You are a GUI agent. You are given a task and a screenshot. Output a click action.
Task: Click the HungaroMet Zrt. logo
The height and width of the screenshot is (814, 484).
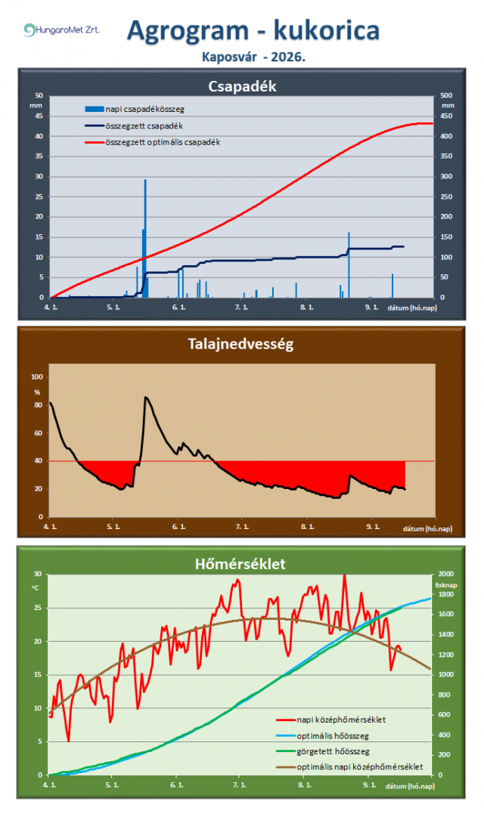tap(61, 29)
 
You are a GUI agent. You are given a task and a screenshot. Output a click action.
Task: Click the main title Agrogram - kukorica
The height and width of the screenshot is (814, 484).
tap(253, 30)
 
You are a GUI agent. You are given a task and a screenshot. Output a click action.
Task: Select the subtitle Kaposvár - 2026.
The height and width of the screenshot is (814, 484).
tap(253, 57)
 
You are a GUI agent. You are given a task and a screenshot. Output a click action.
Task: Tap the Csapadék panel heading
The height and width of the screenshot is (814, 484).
tap(242, 86)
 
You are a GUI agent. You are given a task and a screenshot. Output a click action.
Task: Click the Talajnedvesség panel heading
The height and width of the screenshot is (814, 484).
tap(240, 344)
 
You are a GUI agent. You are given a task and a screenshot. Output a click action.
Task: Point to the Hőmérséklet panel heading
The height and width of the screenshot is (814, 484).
tap(240, 564)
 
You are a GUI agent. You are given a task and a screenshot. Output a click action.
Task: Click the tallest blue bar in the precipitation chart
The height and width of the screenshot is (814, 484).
tap(145, 238)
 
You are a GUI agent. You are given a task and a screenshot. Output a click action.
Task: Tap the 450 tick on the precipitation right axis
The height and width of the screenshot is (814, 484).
tap(446, 116)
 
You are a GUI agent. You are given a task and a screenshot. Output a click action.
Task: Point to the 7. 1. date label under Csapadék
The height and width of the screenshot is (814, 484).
tap(241, 308)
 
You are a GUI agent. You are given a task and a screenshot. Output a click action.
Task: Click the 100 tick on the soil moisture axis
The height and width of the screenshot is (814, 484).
tap(37, 377)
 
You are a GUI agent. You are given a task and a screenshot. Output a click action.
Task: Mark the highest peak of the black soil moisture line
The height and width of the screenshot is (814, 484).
tap(145, 397)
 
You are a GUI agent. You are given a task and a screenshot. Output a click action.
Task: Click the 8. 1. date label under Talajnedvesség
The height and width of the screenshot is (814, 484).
tap(307, 527)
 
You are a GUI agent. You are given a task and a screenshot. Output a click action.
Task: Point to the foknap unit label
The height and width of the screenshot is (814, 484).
tap(446, 585)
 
